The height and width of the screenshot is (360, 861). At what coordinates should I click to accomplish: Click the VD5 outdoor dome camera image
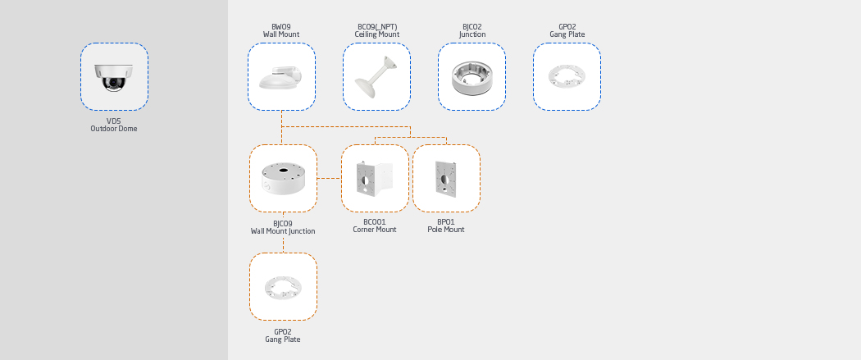point(114,77)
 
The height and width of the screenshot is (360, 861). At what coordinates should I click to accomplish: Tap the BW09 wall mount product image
point(280,77)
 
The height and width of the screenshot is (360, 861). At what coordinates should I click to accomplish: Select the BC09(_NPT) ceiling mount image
point(376,77)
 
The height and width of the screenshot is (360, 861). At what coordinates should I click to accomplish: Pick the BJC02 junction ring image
point(471,78)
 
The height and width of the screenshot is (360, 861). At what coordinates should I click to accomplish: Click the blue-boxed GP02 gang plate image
point(567,77)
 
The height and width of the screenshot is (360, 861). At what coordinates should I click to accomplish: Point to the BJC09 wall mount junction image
point(283,178)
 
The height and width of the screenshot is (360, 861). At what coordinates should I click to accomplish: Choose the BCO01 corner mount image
point(375,178)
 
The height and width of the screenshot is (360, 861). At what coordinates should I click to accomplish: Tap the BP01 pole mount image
point(446,177)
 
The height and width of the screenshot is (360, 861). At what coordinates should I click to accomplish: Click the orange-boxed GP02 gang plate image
point(283,287)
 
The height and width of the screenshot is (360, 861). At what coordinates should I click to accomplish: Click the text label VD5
point(114,121)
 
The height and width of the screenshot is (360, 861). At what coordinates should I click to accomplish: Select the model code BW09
point(281,27)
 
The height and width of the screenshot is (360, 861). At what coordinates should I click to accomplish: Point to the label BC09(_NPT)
point(376,27)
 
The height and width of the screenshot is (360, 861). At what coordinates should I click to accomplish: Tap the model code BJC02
point(472,27)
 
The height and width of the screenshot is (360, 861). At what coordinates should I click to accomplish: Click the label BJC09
point(283,224)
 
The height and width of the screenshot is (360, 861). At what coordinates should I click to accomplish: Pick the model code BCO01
point(375,222)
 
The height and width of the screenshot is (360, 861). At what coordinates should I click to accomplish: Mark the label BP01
point(446,222)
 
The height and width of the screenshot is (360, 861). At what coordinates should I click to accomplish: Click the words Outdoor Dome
point(114,129)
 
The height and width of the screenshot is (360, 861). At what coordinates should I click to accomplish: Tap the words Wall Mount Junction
point(283,231)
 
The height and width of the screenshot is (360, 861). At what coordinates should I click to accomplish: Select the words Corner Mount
point(375,230)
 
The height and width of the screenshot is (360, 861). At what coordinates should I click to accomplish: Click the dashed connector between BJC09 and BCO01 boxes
point(329,178)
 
